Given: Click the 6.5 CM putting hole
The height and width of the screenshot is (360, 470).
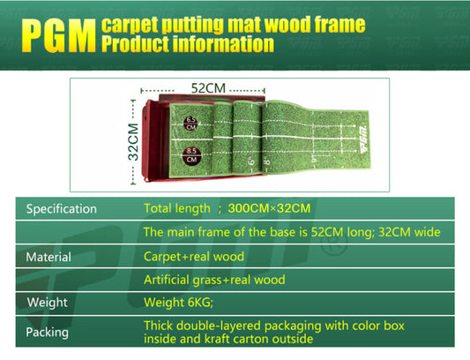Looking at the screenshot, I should tap(190, 123).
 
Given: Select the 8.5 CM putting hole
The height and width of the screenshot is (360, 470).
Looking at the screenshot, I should tap(190, 155).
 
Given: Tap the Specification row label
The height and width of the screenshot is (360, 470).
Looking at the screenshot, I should tap(61, 209).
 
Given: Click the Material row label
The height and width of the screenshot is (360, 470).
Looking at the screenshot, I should tap(48, 257).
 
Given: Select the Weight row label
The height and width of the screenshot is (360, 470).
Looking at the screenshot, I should tap(47, 303).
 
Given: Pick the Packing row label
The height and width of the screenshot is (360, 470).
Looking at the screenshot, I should tap(48, 333).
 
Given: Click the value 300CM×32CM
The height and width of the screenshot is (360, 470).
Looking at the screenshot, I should tap(269, 209).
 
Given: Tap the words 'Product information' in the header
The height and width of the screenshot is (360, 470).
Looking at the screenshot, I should tap(187, 44).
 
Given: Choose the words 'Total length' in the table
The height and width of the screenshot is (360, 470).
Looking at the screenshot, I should tap(177, 209).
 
